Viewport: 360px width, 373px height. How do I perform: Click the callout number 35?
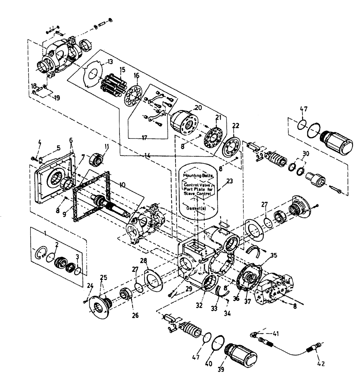(x=274, y=256)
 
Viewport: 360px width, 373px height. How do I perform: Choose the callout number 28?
(x=144, y=260)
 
